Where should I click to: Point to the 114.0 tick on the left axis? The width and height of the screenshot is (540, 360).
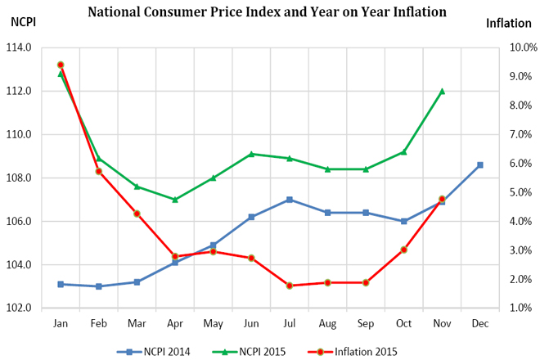click(19, 47)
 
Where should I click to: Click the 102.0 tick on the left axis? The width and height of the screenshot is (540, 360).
click(19, 308)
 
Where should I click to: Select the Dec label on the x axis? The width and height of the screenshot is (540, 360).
click(479, 323)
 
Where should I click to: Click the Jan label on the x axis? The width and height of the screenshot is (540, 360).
click(61, 323)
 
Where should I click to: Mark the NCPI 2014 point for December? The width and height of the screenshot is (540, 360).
click(479, 165)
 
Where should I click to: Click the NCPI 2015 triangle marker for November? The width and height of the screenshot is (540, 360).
click(442, 91)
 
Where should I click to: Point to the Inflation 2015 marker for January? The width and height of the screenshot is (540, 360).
click(61, 65)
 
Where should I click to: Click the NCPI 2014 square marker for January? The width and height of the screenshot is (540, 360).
click(61, 284)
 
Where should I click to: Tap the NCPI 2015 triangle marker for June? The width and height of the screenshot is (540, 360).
click(251, 154)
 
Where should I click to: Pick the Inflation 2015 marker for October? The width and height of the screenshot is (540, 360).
click(404, 250)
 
